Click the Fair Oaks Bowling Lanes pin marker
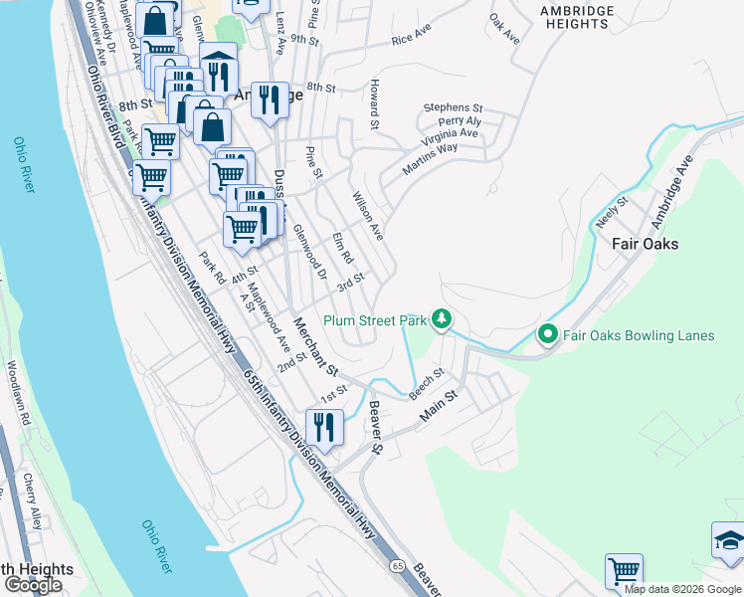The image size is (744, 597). (x=546, y=335)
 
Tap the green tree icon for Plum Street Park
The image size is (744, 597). (x=442, y=319)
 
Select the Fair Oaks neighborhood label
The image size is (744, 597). (x=645, y=244)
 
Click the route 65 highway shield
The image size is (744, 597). (x=397, y=565)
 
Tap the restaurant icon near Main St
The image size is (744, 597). (x=325, y=427)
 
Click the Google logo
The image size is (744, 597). (x=33, y=585)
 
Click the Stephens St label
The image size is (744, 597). (x=453, y=106)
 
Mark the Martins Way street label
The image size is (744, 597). (x=430, y=160)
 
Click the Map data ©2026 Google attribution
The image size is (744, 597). (x=683, y=589)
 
